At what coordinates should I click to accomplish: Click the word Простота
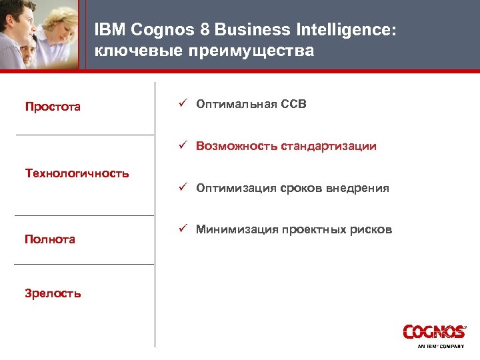tap(53, 107)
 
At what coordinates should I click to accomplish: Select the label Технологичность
tap(77, 173)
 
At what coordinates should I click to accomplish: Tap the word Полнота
tap(50, 239)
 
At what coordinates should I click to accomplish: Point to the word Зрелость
tap(53, 293)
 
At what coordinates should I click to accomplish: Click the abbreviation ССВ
tap(293, 105)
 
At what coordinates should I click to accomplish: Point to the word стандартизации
tap(328, 147)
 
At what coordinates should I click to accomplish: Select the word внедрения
tap(359, 189)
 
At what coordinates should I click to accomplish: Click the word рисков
tap(371, 231)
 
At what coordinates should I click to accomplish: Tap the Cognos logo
tap(434, 332)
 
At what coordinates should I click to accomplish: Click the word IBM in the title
tap(109, 30)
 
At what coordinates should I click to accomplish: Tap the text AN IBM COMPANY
tap(441, 347)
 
